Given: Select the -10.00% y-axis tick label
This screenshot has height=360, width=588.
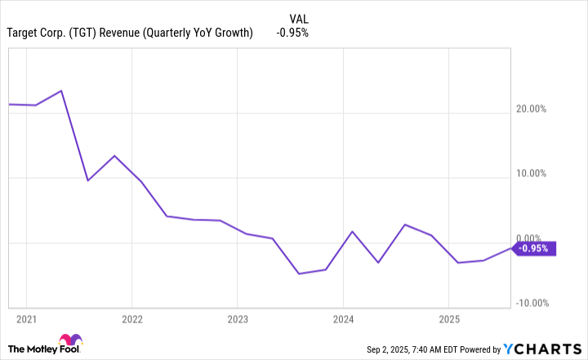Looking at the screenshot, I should tap(531, 303).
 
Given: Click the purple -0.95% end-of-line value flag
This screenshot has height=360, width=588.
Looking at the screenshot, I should tap(535, 249).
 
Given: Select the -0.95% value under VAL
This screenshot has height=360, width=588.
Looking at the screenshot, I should tap(292, 33).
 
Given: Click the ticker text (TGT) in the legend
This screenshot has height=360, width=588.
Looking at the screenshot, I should tap(87, 33).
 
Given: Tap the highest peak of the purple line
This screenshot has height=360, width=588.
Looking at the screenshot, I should tap(61, 91).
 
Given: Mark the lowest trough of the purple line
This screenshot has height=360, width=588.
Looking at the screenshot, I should tap(299, 273).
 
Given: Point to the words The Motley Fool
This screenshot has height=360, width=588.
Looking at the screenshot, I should tap(33, 349).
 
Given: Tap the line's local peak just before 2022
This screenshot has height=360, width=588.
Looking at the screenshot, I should tap(114, 155).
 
